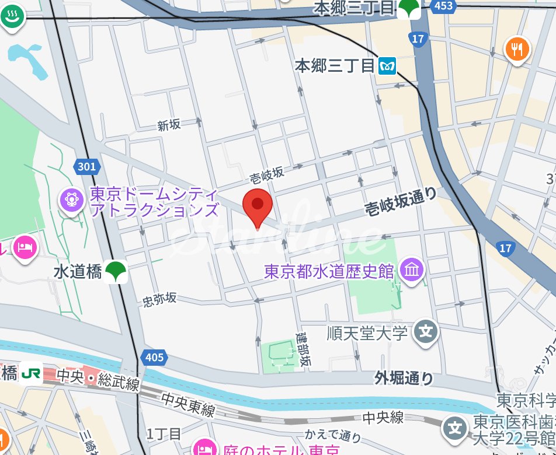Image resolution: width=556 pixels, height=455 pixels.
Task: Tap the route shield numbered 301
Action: (x=86, y=167)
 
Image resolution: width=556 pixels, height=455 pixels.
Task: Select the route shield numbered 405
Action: (x=153, y=357)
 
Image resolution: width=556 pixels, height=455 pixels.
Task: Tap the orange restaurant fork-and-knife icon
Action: (x=517, y=50)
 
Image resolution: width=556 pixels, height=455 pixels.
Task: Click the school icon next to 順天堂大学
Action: (x=426, y=333)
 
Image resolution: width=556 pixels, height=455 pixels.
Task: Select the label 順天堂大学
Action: (x=367, y=334)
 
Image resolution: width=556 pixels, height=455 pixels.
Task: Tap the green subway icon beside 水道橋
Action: (x=119, y=272)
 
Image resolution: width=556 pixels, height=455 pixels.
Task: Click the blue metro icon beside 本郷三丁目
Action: (x=387, y=66)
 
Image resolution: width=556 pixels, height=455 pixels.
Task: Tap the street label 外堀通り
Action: (x=404, y=379)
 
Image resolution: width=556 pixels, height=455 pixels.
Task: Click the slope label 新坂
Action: (x=169, y=125)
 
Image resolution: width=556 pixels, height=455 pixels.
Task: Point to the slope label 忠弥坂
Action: (x=159, y=299)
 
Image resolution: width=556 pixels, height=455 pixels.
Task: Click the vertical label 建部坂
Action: (x=303, y=348)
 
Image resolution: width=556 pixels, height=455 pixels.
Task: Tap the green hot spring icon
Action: (x=12, y=17)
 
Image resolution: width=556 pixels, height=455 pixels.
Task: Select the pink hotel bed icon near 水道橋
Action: (x=25, y=247)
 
